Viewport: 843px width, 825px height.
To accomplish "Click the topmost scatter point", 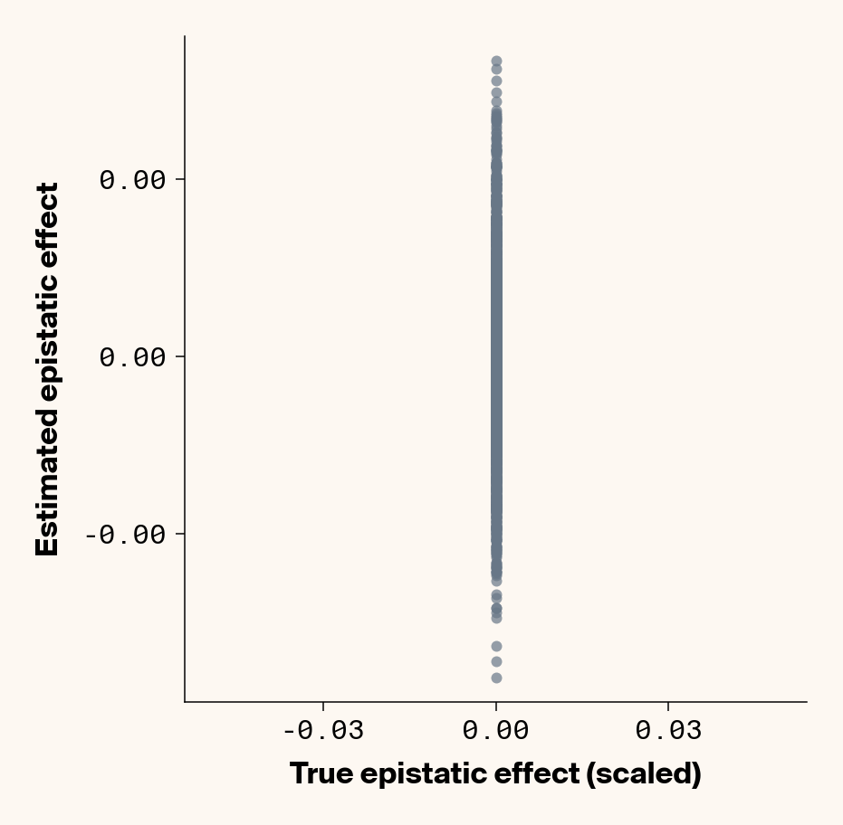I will pyautogui.click(x=496, y=61).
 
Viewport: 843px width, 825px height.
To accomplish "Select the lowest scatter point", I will pyautogui.click(x=496, y=678).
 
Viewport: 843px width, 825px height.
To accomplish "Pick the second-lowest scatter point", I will pyautogui.click(x=496, y=661).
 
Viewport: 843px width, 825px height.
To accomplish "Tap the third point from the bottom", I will pyautogui.click(x=496, y=646).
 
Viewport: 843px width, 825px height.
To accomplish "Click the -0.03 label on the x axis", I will pyautogui.click(x=323, y=731).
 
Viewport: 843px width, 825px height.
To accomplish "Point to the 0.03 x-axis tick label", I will pyautogui.click(x=668, y=731).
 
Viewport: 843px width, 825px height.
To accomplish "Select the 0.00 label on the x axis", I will pyautogui.click(x=496, y=731).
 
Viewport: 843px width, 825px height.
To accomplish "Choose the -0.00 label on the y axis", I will pyautogui.click(x=126, y=534).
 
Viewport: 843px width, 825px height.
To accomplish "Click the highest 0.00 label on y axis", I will pyautogui.click(x=133, y=180).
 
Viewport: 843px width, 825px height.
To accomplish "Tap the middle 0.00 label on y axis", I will pyautogui.click(x=133, y=357).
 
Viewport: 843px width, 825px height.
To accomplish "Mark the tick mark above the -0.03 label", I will pyautogui.click(x=323, y=706).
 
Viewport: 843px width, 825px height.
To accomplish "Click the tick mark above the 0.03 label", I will pyautogui.click(x=668, y=706).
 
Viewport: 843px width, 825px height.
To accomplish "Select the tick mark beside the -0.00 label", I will pyautogui.click(x=179, y=534).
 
